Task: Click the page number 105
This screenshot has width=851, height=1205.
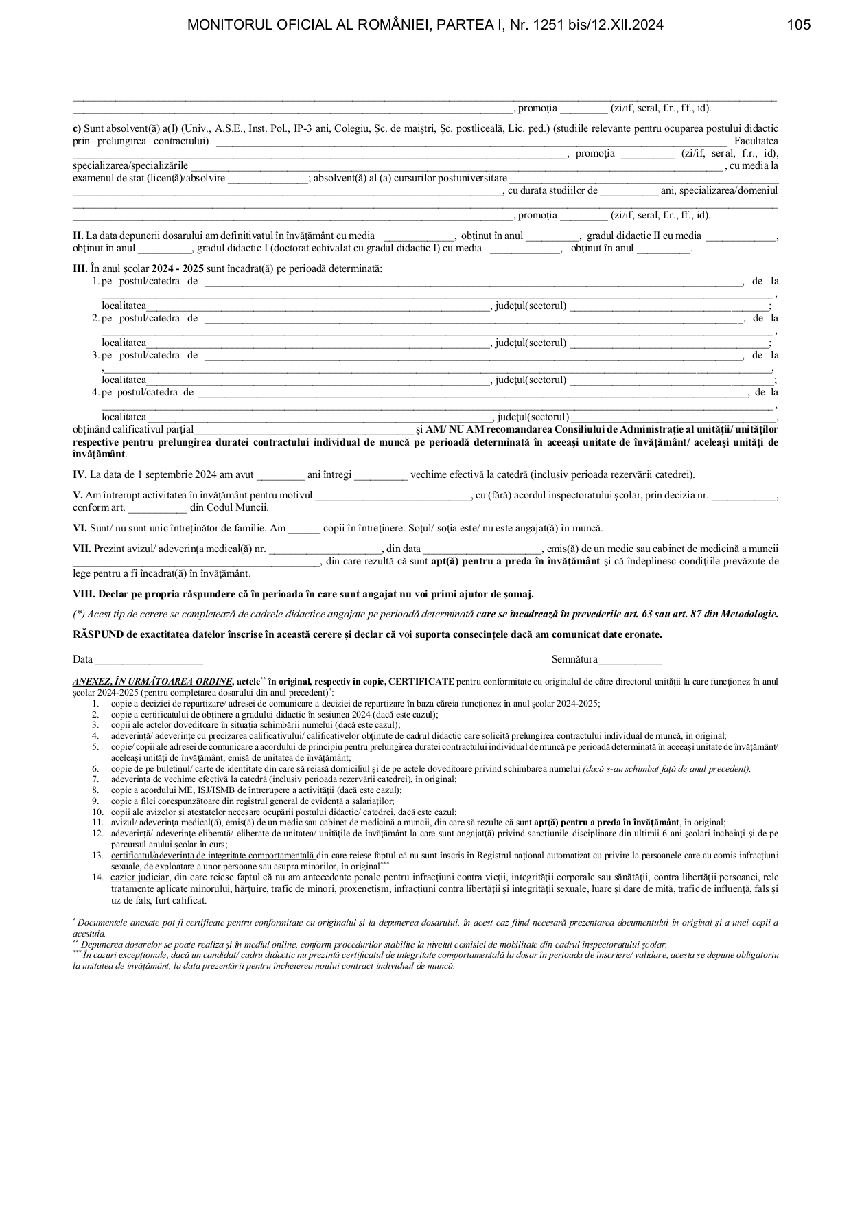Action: [x=798, y=25]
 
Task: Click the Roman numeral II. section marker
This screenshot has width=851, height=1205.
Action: [x=78, y=236]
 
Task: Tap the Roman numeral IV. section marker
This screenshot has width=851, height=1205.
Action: [x=80, y=475]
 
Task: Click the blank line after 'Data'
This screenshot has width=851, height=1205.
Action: [x=149, y=661]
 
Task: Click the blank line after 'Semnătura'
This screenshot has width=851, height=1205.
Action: [x=629, y=661]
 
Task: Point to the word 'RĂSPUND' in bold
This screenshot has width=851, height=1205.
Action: [x=98, y=635]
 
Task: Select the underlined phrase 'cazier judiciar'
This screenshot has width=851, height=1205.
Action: [x=139, y=877]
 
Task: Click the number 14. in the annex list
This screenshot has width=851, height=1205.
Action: [x=97, y=877]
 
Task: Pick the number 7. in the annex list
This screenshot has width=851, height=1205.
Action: [x=95, y=779]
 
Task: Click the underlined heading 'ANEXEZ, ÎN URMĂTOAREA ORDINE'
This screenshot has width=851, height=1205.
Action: [x=152, y=682]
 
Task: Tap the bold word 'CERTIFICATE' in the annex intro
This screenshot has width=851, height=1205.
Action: [x=421, y=682]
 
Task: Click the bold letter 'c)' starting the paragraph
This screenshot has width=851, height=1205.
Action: [x=77, y=129]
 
